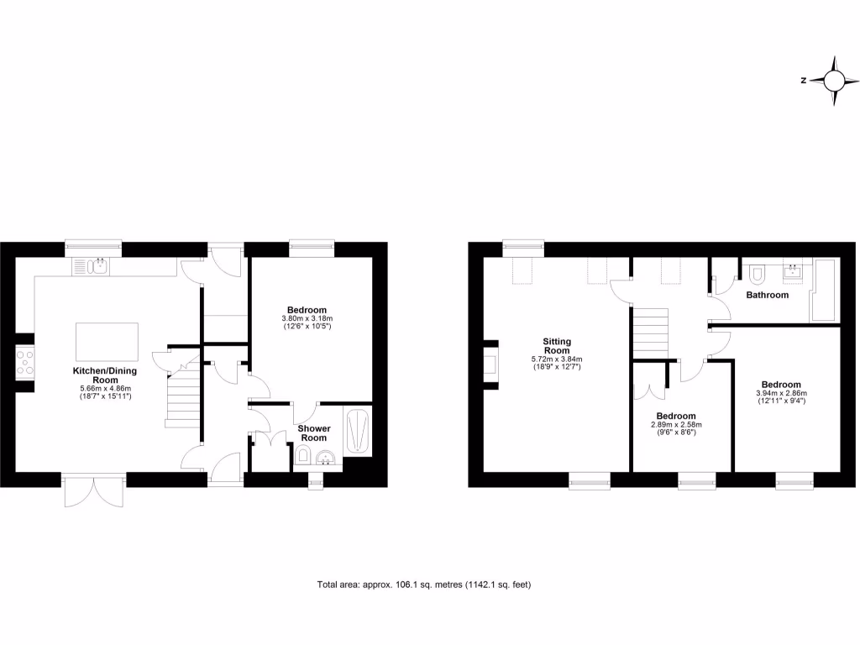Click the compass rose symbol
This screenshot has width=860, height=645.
(x=834, y=81)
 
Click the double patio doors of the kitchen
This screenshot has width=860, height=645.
(x=93, y=491)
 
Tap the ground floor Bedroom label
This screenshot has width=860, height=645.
(x=307, y=310)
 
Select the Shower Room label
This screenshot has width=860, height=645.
(x=313, y=433)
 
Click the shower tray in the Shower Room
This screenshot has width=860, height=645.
(x=358, y=431)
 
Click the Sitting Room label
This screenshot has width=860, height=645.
(x=557, y=346)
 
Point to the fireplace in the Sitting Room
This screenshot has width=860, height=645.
(x=490, y=364)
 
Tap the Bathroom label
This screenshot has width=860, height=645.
(x=768, y=296)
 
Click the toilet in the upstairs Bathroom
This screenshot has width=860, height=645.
(x=757, y=274)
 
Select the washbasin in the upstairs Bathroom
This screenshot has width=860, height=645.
(x=792, y=270)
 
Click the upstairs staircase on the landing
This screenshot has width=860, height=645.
(x=649, y=333)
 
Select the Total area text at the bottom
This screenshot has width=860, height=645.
(x=424, y=585)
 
